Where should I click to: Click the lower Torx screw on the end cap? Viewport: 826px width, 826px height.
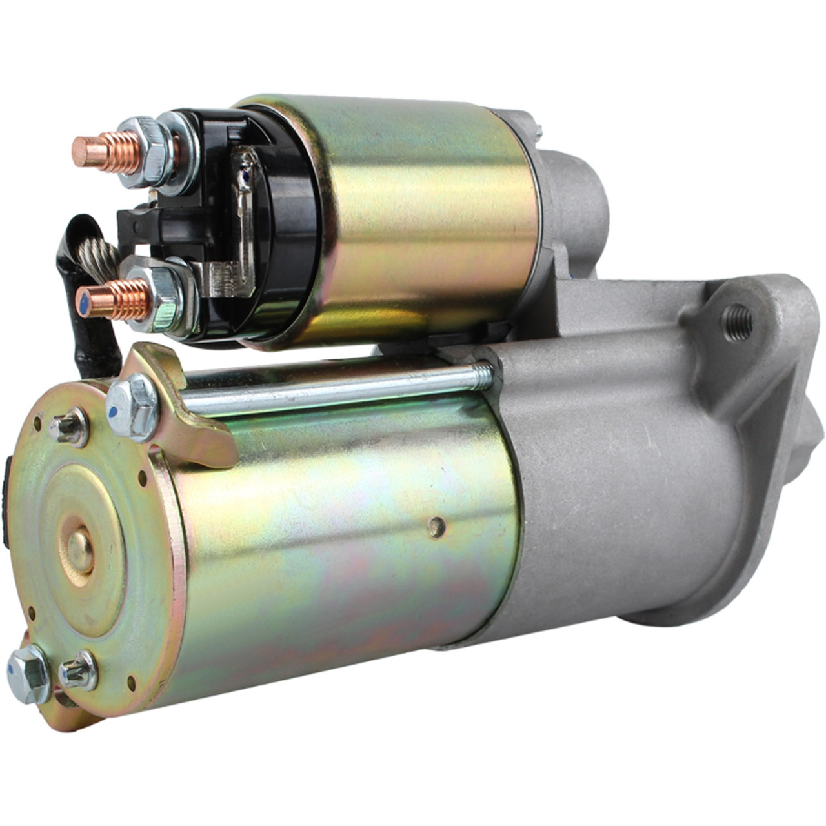click(x=79, y=669)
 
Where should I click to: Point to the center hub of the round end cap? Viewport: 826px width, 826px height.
click(x=81, y=549)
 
